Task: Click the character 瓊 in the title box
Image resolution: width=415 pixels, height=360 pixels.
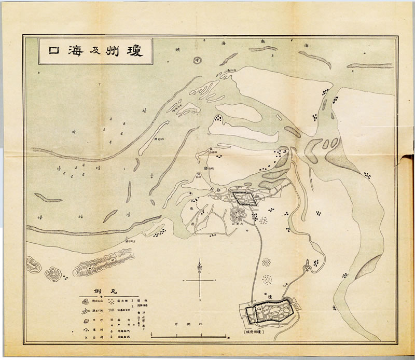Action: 141,51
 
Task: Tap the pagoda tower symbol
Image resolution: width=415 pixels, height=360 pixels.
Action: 307,264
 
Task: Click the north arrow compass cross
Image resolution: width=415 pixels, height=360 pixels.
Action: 199,279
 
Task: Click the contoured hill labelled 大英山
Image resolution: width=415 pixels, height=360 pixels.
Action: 240,214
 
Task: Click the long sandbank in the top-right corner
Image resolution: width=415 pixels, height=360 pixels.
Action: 369,66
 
